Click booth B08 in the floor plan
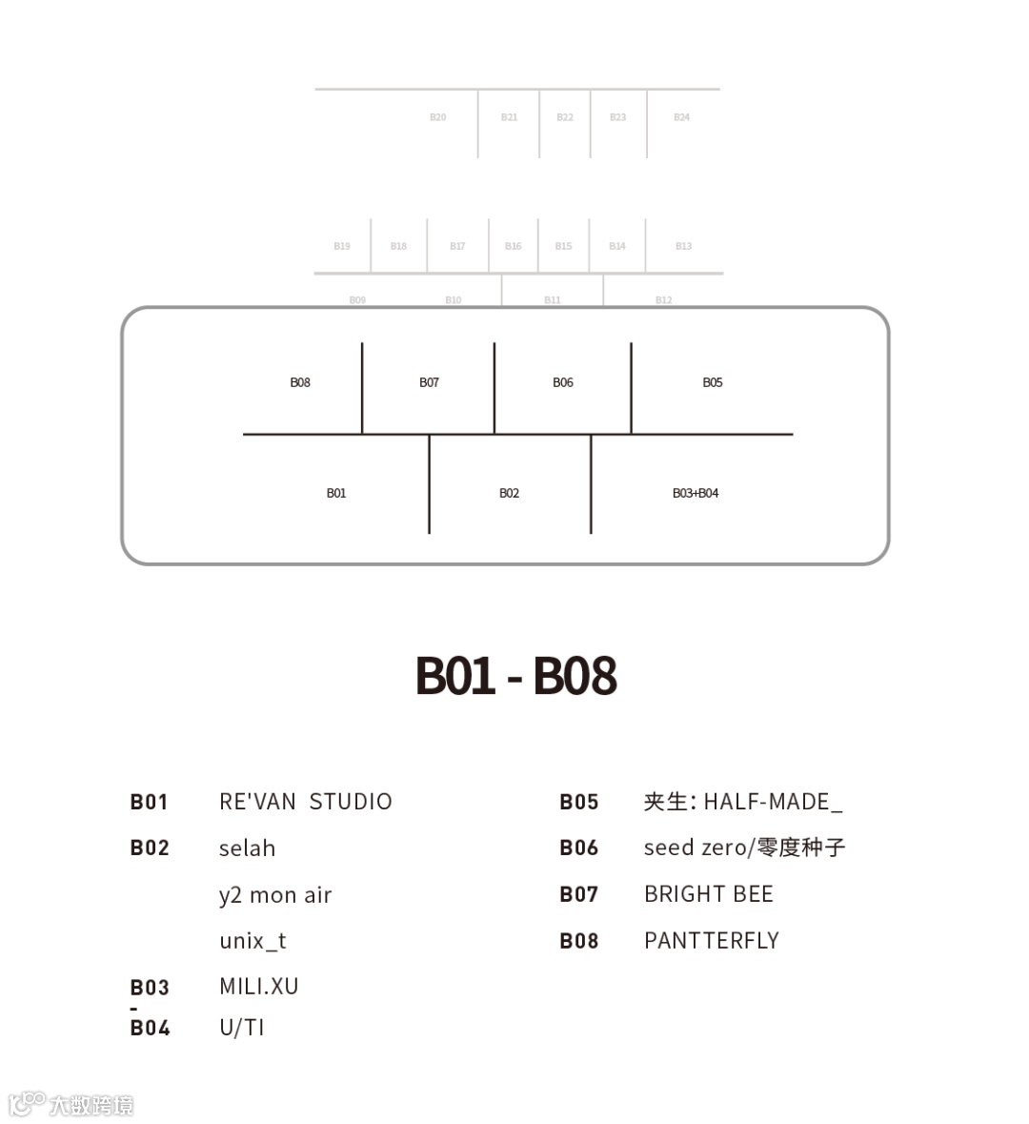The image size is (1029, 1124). click(300, 382)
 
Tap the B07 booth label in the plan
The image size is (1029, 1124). click(429, 382)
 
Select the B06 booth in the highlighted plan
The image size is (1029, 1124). click(563, 382)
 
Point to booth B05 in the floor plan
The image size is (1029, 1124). click(713, 382)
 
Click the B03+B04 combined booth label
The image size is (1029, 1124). click(696, 493)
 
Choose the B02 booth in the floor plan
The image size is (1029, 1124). click(509, 493)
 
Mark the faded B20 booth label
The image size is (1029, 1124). click(437, 117)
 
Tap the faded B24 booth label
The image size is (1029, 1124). click(681, 117)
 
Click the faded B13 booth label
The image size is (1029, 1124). click(683, 246)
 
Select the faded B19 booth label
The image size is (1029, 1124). click(341, 246)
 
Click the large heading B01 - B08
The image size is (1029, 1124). click(515, 675)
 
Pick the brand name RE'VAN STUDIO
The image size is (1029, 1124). click(305, 801)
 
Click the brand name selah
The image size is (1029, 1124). click(247, 848)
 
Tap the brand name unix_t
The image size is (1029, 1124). click(252, 941)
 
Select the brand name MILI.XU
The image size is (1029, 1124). click(258, 986)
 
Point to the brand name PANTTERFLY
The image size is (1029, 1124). click(711, 941)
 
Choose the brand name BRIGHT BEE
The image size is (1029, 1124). click(708, 894)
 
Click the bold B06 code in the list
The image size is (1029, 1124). click(578, 848)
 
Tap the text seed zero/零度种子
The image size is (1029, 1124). click(744, 848)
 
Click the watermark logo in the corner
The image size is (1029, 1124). click(71, 1104)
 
